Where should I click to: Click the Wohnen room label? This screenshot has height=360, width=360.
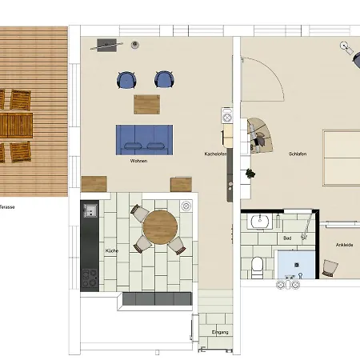pos(138,161)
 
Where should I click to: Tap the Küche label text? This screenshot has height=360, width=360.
pos(112,250)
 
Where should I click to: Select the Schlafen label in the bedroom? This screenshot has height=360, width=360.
pos(298,154)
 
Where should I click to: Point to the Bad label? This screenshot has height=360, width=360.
pos(287,238)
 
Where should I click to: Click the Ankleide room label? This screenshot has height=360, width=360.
pos(345,245)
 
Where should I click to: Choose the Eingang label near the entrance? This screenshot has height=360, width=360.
pos(220,332)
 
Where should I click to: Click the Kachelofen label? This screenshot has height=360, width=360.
pos(215,154)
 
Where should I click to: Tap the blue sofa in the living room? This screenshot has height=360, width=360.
pos(144,140)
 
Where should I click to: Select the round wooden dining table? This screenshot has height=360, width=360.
pos(160,227)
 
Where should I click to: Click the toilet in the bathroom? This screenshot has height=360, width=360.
pos(257,267)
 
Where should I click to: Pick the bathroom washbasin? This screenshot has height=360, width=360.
pos(260,221)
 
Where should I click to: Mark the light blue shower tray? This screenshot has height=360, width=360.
pos(296,265)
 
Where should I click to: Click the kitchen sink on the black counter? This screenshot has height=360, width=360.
pos(90,210)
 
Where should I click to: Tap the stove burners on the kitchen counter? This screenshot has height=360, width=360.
pos(90,278)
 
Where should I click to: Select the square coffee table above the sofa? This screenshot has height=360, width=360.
pos(147,105)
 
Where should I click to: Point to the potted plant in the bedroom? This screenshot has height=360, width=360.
pos(250,174)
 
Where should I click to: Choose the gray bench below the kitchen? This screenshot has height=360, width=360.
pos(157,298)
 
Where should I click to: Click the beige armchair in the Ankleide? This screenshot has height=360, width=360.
pos(330,268)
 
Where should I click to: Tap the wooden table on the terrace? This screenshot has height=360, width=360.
pos(16,125)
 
